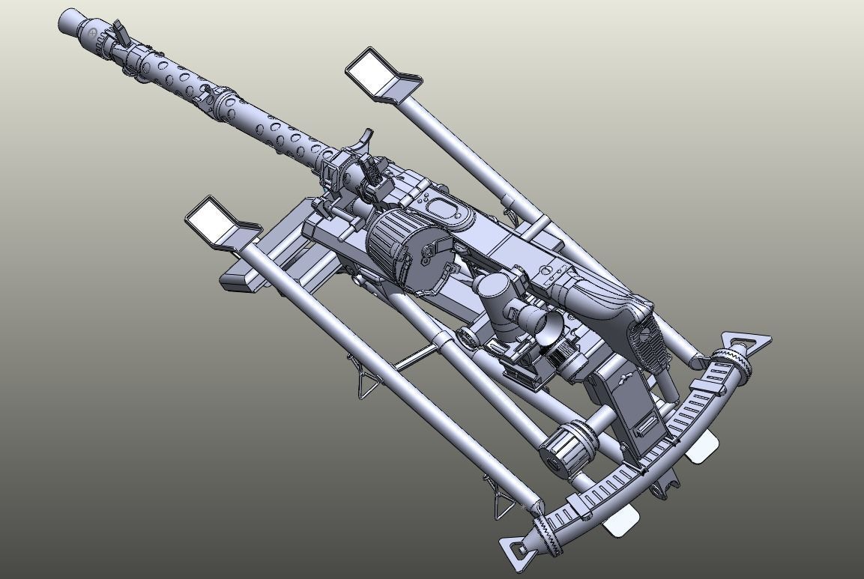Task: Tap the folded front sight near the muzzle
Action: (x=118, y=32)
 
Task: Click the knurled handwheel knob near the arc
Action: (x=563, y=446)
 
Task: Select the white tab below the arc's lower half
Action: (x=621, y=520)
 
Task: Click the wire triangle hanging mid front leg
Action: (x=366, y=383)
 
